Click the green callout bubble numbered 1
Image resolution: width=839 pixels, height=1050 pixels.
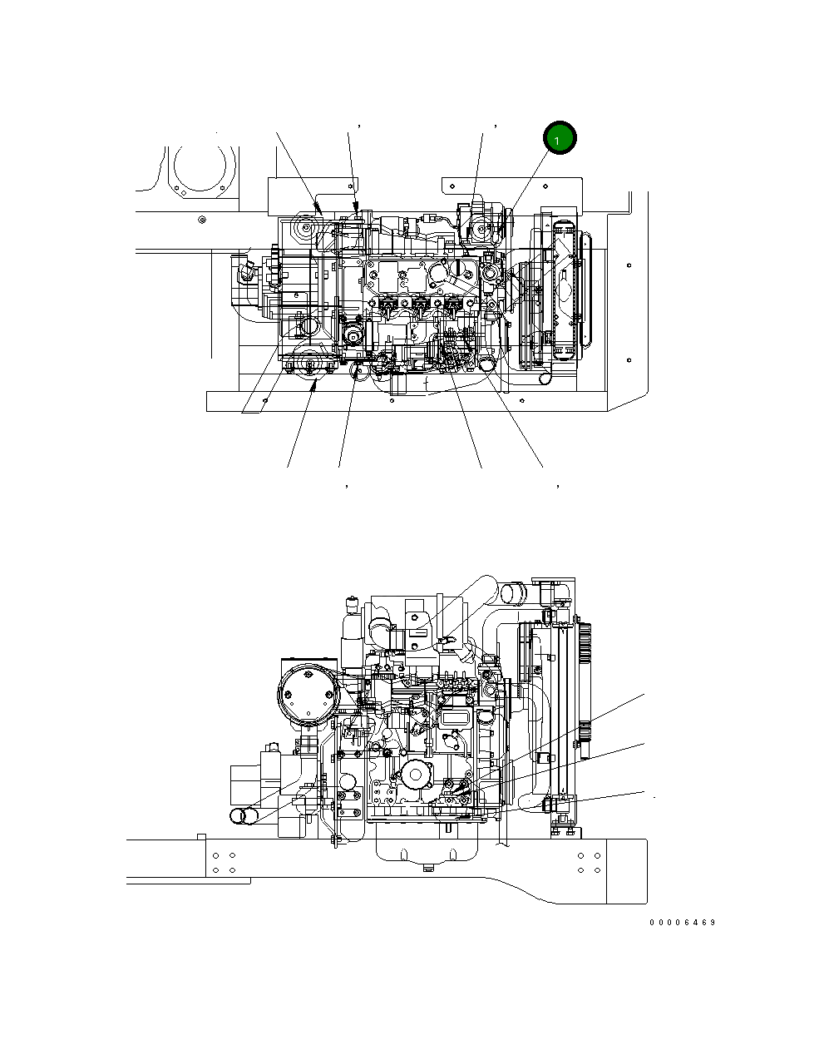tap(559, 139)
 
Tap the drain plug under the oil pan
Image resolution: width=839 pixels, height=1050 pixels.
tap(428, 869)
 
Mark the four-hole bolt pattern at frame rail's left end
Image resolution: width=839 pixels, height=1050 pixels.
tap(224, 862)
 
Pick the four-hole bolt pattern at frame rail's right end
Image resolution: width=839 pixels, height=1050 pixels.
tap(589, 862)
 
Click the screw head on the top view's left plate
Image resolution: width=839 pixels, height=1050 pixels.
tap(202, 220)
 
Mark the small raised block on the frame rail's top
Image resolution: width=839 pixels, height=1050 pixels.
tap(200, 835)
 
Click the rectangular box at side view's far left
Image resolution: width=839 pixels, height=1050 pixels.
tap(246, 786)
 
